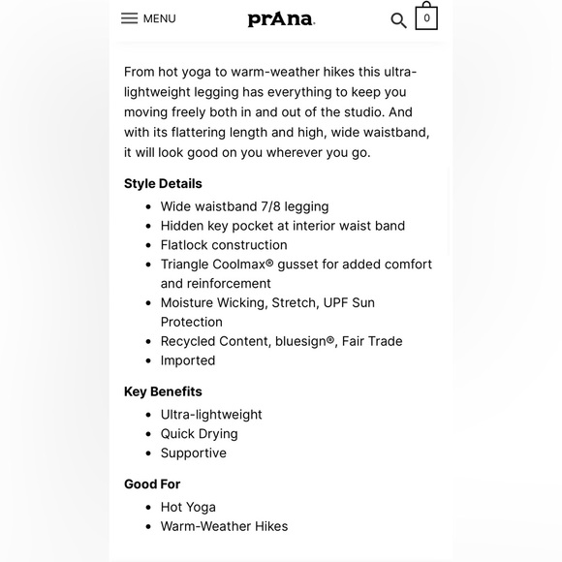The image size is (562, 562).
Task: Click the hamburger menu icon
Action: click(x=129, y=18)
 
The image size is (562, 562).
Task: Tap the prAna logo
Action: click(x=281, y=18)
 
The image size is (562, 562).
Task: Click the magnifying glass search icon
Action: click(x=398, y=20)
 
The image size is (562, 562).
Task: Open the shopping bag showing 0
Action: click(x=426, y=17)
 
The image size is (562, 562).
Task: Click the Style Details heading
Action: click(x=163, y=183)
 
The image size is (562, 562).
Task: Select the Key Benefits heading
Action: click(x=163, y=391)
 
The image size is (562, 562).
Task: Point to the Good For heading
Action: click(x=152, y=484)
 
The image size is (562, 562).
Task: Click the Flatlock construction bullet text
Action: click(x=224, y=245)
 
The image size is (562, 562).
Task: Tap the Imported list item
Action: click(x=188, y=360)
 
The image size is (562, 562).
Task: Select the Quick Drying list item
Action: click(x=199, y=434)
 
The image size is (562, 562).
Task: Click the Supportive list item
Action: click(x=194, y=453)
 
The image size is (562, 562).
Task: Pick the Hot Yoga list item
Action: click(x=188, y=507)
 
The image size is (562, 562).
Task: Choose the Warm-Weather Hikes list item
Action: click(x=224, y=526)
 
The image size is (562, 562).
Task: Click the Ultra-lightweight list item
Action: click(x=211, y=415)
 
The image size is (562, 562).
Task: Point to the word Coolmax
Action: click(x=254, y=265)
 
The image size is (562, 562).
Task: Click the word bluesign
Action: click(x=303, y=341)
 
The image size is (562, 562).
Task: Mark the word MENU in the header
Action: click(x=160, y=18)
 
